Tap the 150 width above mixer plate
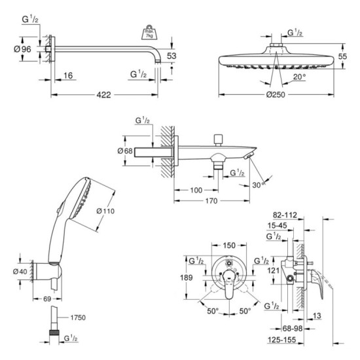[x=228, y=245]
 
